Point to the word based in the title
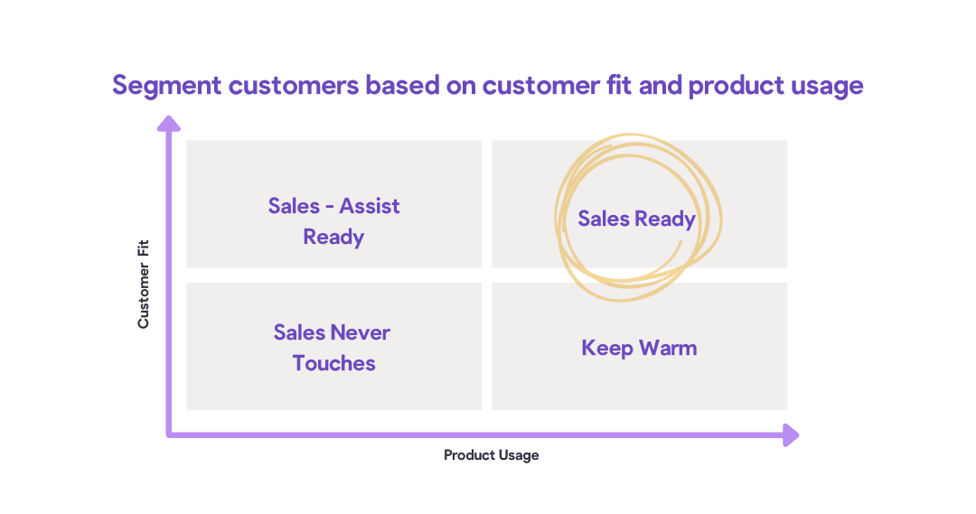point(402,85)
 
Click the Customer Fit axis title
point(144,285)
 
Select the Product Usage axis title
point(491,455)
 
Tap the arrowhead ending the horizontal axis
point(791,435)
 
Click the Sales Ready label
point(636,219)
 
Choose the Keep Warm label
point(639,348)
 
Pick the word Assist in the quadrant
point(370,206)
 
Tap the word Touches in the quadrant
point(334,363)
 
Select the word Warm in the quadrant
point(668,348)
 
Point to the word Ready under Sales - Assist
point(333,238)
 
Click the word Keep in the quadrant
point(607,349)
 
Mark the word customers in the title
point(294,85)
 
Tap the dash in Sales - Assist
point(330,207)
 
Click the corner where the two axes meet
point(169,435)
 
